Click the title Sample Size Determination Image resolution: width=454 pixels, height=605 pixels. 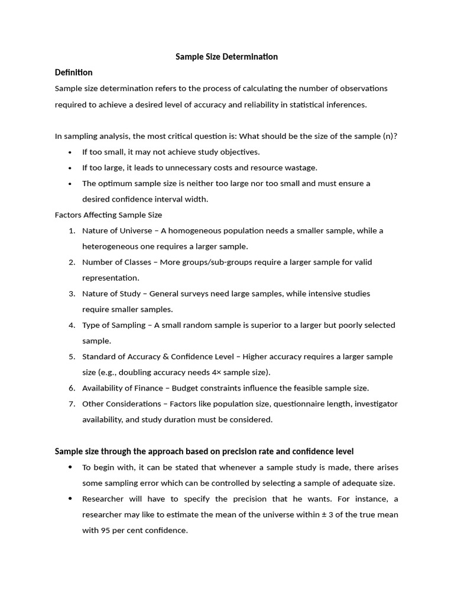point(227,57)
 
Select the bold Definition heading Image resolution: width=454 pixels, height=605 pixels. point(73,73)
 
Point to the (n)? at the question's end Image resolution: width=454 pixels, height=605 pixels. point(390,136)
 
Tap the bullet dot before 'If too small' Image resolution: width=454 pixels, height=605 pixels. point(70,152)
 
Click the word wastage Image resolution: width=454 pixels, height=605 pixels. point(300,168)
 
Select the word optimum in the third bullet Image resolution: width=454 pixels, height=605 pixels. point(117,183)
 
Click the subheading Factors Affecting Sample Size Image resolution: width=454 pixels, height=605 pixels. point(108,215)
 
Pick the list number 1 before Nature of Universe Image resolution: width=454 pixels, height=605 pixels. point(71,230)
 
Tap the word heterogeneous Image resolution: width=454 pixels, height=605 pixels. point(109,246)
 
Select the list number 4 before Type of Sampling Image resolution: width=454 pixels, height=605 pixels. point(71,325)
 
